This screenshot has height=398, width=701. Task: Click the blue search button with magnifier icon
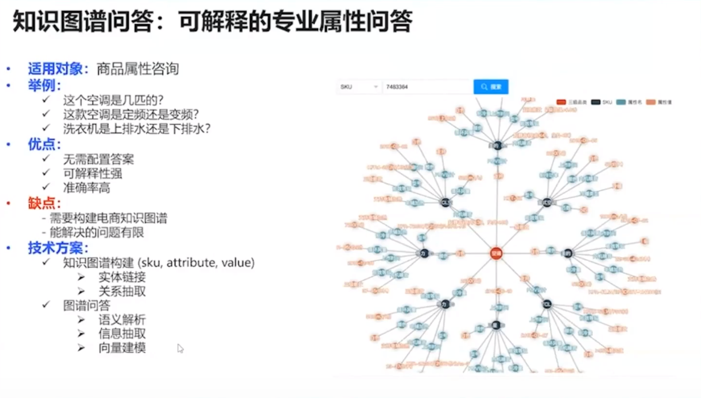coord(490,87)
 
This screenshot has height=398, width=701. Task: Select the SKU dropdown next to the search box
coord(359,87)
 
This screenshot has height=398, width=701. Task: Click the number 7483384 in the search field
coord(397,87)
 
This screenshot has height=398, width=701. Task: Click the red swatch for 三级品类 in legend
coord(562,102)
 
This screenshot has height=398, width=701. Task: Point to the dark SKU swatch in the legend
coord(596,102)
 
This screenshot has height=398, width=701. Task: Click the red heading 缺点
coord(44,203)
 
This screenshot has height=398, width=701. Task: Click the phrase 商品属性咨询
coord(138,69)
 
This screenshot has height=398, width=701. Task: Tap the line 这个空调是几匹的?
coord(113,100)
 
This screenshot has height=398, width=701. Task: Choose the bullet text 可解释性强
coord(92,173)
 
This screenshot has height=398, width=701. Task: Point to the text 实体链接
coord(122,277)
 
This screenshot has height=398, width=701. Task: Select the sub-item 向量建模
coord(122,347)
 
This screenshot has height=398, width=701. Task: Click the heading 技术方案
coord(58,248)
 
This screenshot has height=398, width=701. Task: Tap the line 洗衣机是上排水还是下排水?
coord(137,129)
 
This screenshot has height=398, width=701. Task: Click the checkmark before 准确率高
coord(47,187)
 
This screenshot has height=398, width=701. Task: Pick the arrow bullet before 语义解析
coord(81,320)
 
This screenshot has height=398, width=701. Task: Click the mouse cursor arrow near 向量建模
coord(180,347)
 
